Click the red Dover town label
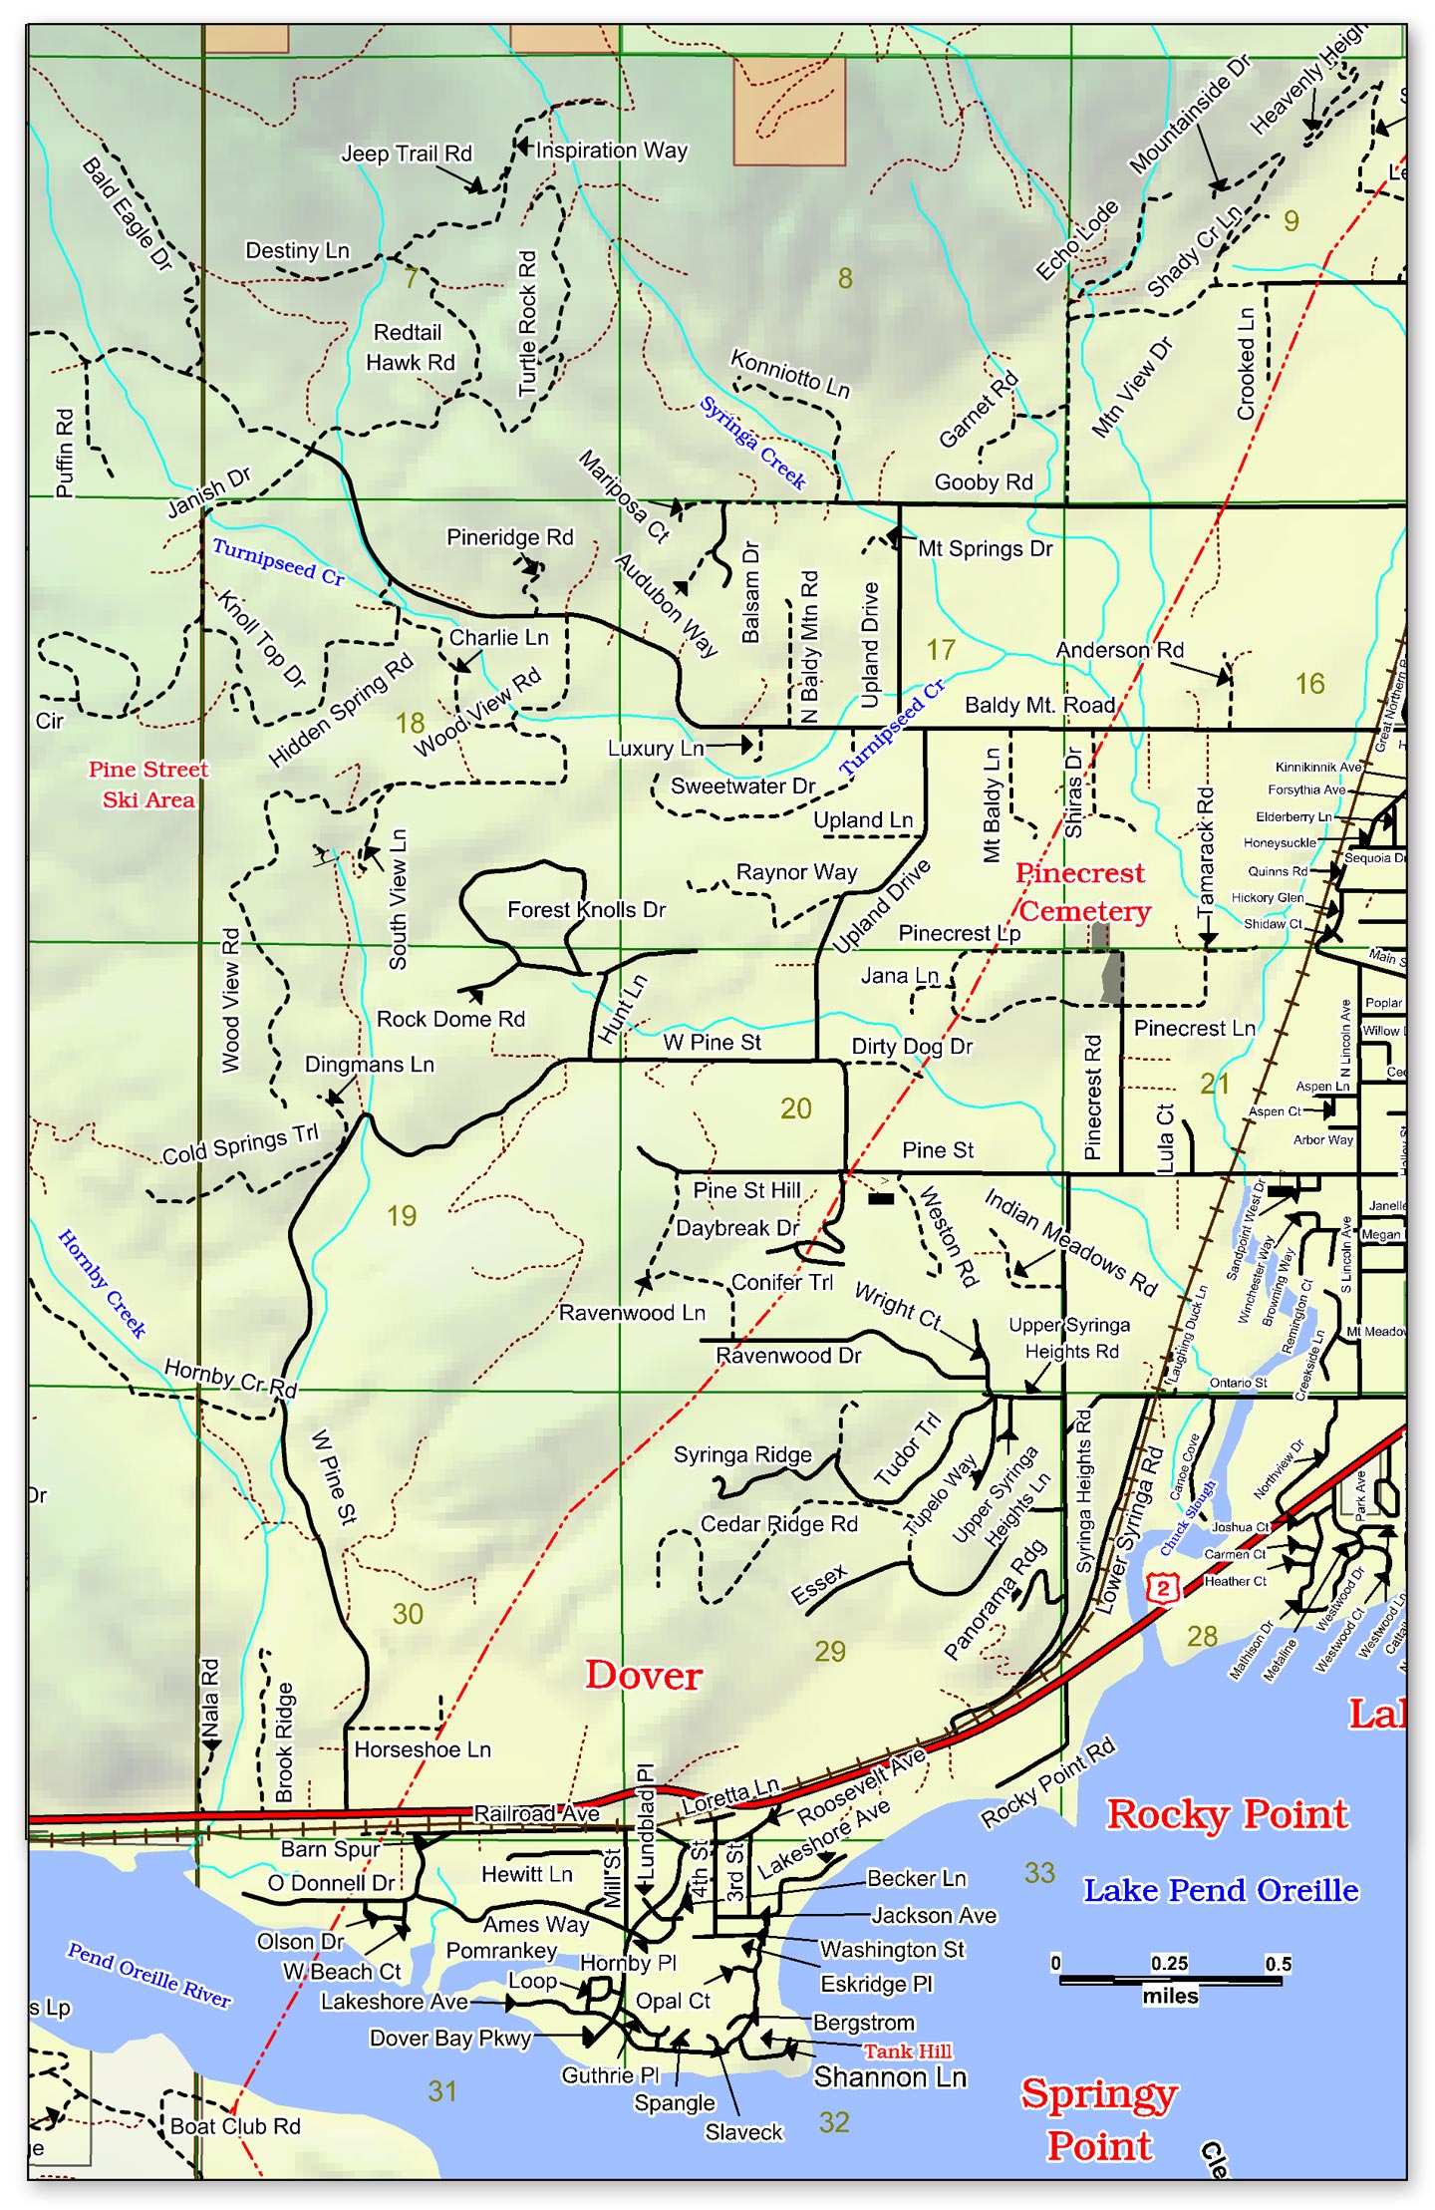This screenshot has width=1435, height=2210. point(643,1676)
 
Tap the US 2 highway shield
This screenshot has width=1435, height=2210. point(1162,1586)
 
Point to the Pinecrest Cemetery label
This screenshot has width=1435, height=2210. point(1082,892)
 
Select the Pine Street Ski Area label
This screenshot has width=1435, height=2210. point(148,785)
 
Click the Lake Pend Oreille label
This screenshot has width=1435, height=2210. point(1221,1890)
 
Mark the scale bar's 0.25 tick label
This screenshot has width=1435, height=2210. point(1169,1963)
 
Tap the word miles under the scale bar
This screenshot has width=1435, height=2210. point(1170,1996)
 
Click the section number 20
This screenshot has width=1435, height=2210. point(795,1108)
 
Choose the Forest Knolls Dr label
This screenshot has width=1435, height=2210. point(586,909)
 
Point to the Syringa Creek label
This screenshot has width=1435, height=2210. point(752,443)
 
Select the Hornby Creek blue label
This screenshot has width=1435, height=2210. point(102,1283)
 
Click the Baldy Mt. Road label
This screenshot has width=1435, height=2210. point(1039,705)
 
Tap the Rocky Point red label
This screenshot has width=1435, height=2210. point(1228,1814)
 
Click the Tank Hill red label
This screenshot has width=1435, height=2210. point(907,2052)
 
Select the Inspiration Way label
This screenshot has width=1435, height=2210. point(611,151)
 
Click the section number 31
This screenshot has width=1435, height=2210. point(441,2090)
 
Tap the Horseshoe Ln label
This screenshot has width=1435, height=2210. point(423,1749)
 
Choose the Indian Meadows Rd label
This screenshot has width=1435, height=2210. point(1070,1242)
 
